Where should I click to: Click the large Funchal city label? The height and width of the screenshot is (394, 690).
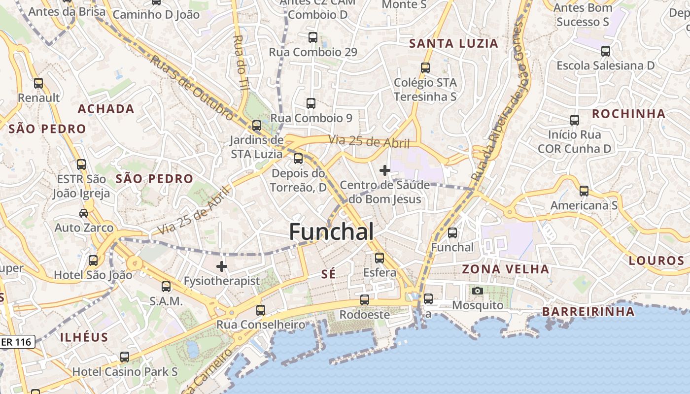(331, 231)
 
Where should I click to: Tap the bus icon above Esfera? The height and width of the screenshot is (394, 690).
(379, 258)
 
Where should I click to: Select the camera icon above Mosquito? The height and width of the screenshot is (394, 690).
(477, 291)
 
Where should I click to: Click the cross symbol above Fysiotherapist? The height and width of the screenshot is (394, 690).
(222, 266)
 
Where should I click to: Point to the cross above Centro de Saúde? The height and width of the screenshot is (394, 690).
(385, 170)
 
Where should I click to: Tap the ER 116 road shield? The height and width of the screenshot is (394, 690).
(17, 341)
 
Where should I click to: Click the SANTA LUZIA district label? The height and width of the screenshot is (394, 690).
(454, 43)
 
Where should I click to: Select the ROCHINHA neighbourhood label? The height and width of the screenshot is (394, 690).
(628, 114)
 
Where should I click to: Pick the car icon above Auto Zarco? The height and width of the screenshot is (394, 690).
(84, 213)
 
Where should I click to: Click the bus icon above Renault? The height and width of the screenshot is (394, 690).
(38, 83)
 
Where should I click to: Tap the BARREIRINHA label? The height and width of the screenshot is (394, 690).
(588, 311)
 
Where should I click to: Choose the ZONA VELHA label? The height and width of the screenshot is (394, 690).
(505, 269)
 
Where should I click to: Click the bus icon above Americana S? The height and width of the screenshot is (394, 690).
(584, 191)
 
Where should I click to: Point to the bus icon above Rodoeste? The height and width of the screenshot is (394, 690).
(364, 299)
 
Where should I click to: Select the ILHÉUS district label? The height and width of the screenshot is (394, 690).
(84, 337)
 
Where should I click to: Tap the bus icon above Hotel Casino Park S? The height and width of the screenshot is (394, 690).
(125, 357)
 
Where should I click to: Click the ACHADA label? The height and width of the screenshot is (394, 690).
(106, 109)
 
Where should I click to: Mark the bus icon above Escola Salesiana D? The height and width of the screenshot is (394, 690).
(605, 51)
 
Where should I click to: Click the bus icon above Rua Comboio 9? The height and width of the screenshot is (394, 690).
(311, 103)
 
